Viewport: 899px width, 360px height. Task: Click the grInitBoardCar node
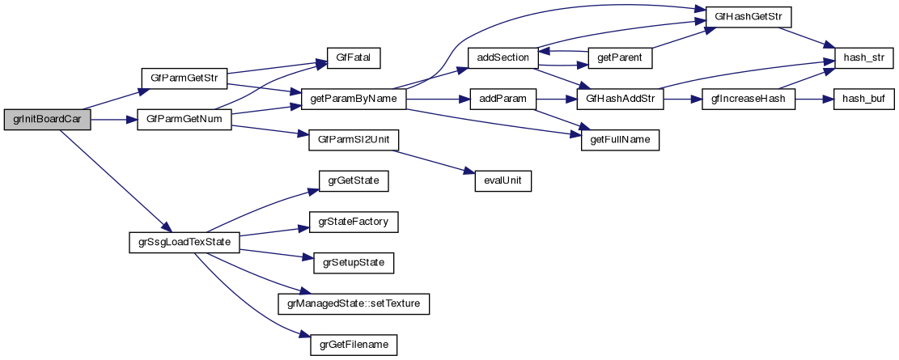[46, 120]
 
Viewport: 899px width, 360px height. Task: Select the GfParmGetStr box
[184, 78]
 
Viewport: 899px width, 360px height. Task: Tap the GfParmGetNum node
[184, 120]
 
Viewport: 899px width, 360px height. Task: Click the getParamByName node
[353, 99]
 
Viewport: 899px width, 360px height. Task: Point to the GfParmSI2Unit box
[353, 140]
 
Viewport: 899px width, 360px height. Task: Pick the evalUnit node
[503, 180]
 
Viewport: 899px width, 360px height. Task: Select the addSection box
[503, 58]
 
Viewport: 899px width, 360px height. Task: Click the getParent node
[619, 58]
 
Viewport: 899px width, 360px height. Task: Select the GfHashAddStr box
[619, 99]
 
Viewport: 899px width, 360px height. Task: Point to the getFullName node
[619, 140]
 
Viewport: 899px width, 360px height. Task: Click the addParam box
[503, 99]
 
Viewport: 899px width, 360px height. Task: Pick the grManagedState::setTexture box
[353, 303]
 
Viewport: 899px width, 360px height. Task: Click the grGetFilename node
[353, 345]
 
